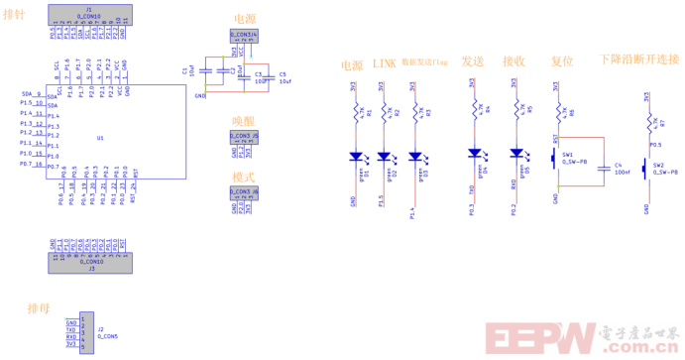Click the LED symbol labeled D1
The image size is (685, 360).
354,156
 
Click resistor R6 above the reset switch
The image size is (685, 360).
560,109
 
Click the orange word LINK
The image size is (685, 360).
385,62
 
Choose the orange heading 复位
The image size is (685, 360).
561,61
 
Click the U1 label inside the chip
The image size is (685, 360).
101,138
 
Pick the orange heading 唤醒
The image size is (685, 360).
243,119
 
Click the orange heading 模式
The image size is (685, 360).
243,177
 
